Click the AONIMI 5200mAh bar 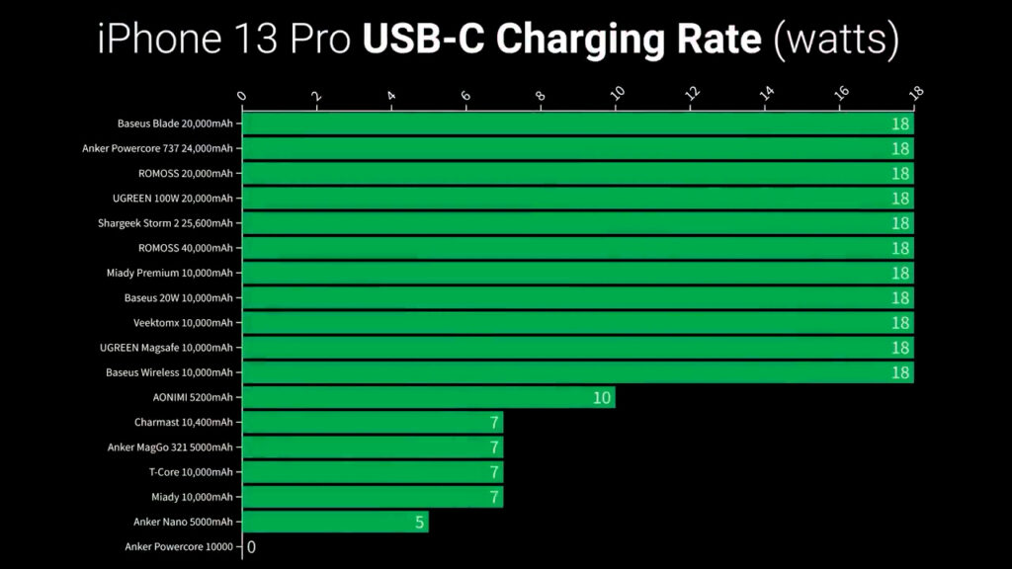tap(428, 397)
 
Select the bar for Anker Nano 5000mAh tap(335, 522)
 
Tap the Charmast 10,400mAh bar tap(373, 422)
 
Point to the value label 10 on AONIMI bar tap(602, 398)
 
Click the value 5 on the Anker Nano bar tap(419, 522)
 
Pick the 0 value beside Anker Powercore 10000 tap(251, 546)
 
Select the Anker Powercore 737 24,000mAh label tap(157, 148)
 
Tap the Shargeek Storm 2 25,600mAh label tap(165, 223)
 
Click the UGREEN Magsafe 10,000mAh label tap(166, 348)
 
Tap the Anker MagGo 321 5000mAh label tap(170, 447)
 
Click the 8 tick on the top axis tap(541, 97)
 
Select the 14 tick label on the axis tap(765, 94)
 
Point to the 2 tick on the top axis tap(316, 97)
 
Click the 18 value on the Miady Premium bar tap(899, 273)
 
